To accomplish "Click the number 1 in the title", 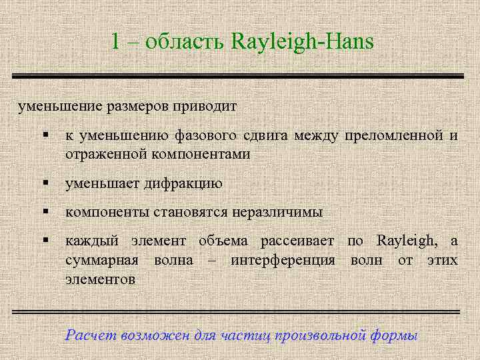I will coord(116,41).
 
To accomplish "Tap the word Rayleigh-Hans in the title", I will coord(303,42).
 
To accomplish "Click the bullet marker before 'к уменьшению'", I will coord(45,136).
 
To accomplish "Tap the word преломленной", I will coord(392,136).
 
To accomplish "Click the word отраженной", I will coord(107,154).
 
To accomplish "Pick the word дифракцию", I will coord(183,183).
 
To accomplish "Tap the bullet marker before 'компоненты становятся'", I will coord(45,212).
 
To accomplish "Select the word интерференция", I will coord(283,259).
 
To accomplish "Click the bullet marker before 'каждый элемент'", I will coord(45,241).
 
